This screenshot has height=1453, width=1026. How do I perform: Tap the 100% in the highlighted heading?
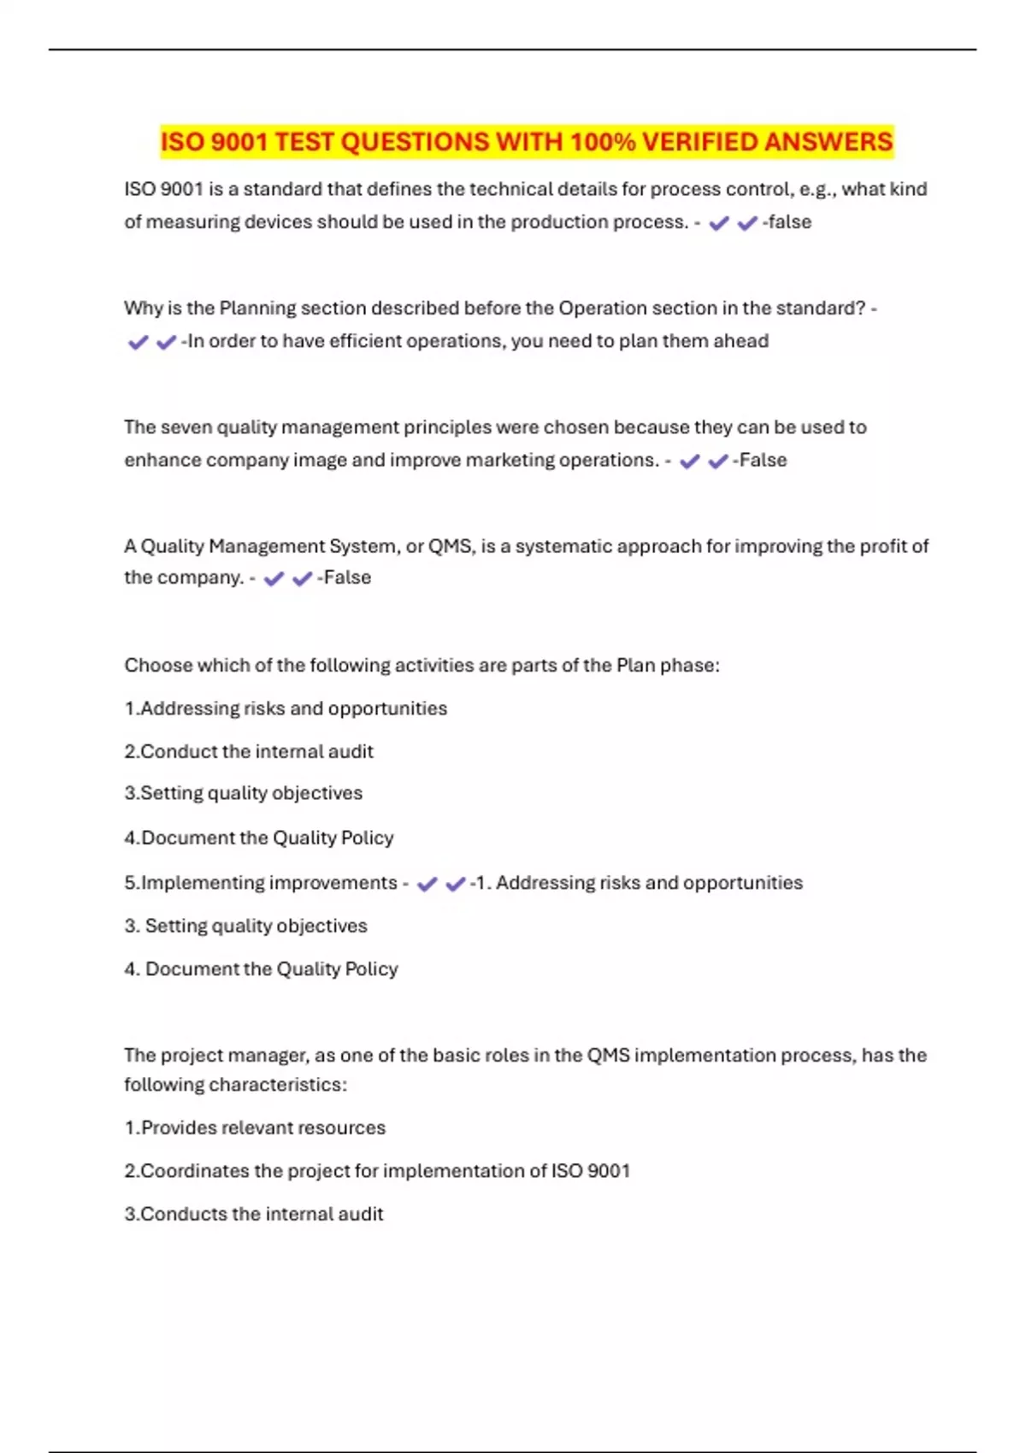pos(603,142)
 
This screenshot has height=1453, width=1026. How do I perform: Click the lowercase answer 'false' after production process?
pos(789,222)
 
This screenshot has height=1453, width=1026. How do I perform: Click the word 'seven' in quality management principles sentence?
pos(186,426)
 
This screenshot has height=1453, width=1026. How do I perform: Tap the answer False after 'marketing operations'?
pos(763,460)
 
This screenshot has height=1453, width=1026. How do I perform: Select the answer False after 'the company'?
pos(347,578)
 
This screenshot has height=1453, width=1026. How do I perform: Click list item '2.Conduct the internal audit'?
pos(249,751)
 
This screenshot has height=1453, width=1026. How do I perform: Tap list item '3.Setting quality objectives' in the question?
pos(244,793)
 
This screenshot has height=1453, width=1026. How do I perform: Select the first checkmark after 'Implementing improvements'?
pos(427,884)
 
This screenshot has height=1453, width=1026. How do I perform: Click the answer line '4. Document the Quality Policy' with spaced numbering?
pos(261,968)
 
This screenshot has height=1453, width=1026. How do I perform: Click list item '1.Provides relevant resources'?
pos(255,1127)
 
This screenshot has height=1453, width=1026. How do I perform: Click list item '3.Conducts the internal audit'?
pos(254,1214)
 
